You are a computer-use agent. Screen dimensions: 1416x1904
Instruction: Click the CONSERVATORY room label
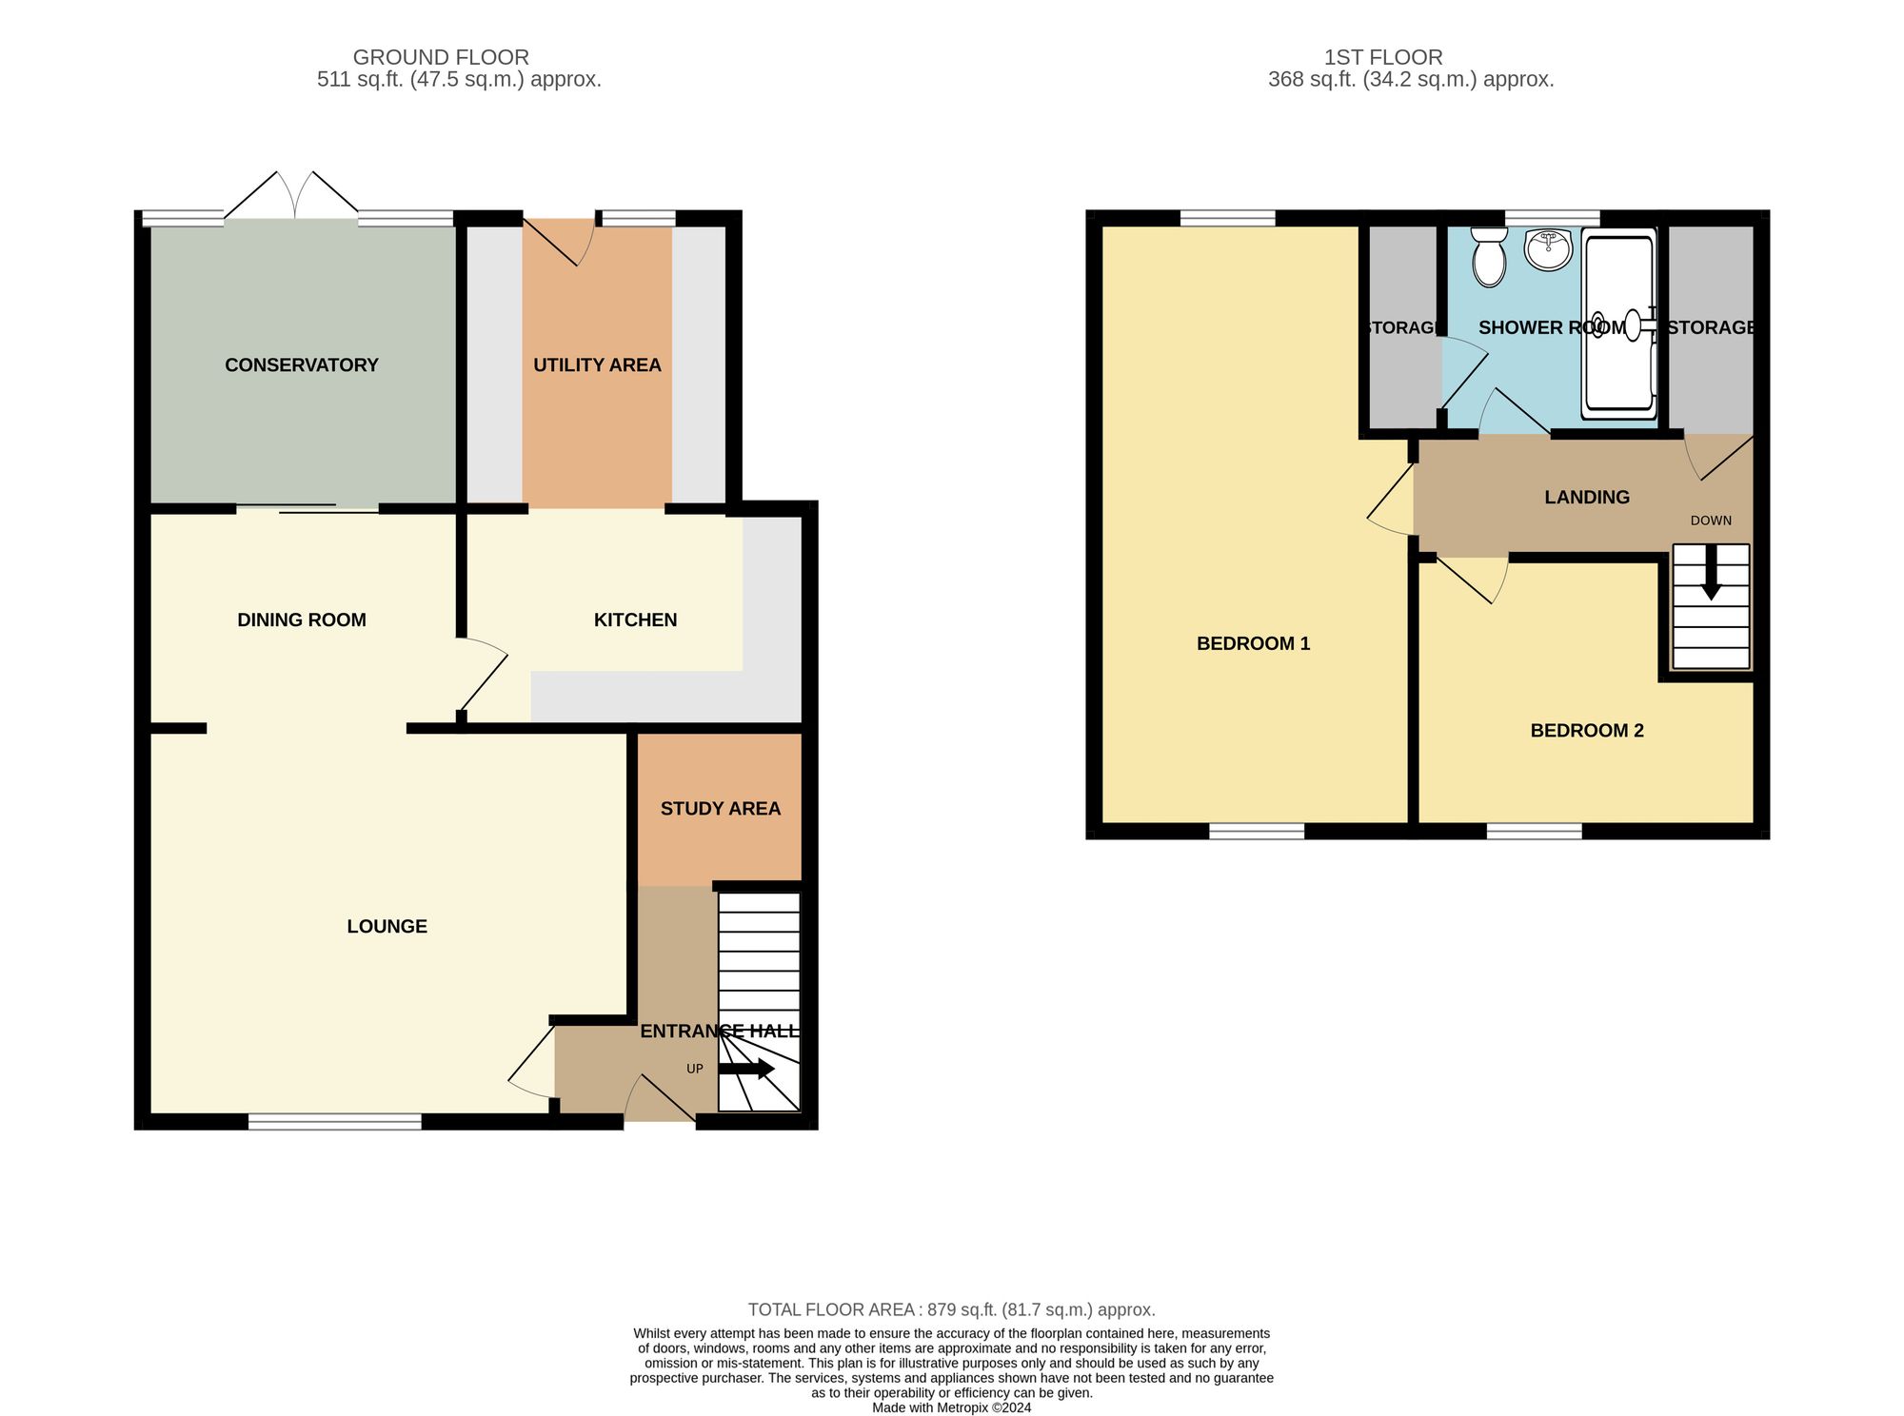pos(301,365)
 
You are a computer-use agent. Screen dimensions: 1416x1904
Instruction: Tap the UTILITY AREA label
pos(597,365)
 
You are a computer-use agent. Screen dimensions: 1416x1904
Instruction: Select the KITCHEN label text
pos(635,620)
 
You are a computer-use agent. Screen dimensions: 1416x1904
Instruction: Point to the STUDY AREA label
pos(720,809)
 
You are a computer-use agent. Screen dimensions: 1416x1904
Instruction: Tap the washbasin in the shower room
pos(1548,249)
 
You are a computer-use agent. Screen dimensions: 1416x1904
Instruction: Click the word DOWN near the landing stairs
pos(1711,521)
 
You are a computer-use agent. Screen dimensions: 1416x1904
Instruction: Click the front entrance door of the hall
pos(660,1104)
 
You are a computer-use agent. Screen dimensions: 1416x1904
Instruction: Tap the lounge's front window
pos(334,1122)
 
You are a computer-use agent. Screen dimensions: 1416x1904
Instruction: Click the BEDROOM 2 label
pos(1587,731)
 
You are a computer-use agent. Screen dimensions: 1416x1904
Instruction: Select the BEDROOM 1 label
pos(1253,644)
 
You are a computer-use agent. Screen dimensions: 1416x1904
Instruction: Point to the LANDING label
pos(1587,498)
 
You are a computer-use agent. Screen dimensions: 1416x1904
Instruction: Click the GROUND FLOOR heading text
pos(441,57)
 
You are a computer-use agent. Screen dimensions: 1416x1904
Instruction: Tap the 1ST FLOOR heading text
pos(1383,57)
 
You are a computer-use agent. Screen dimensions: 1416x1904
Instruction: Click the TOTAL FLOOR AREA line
pos(951,1310)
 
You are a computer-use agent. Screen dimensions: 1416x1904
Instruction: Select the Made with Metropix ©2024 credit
pos(951,1407)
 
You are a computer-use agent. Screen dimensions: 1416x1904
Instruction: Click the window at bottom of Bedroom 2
pos(1534,832)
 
